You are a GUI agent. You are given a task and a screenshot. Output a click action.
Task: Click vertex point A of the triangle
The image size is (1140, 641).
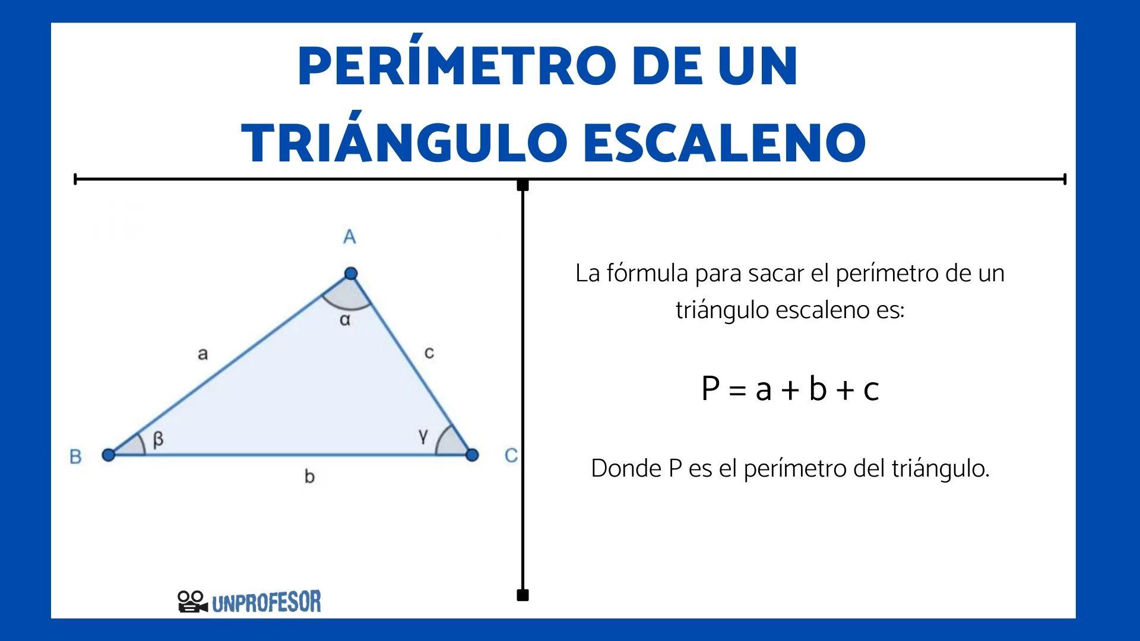click(351, 274)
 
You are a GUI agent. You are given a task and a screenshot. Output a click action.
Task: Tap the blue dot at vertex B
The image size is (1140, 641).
click(108, 455)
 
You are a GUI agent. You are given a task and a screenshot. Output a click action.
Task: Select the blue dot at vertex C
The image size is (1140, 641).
click(472, 455)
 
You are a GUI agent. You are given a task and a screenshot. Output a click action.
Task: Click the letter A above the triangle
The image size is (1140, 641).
click(350, 237)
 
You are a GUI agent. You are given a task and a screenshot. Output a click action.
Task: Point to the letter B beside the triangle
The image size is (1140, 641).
click(75, 456)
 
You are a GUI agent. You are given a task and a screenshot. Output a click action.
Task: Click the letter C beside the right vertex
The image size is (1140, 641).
click(511, 456)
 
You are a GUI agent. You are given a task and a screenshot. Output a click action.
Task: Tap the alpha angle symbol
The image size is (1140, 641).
click(345, 320)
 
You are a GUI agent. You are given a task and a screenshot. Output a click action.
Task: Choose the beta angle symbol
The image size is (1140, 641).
click(158, 440)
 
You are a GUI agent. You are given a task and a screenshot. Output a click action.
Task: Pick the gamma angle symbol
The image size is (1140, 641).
click(423, 437)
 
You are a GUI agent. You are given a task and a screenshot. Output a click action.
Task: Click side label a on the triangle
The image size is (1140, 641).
click(202, 354)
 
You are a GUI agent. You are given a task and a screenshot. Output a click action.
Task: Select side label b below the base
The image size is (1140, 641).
click(309, 476)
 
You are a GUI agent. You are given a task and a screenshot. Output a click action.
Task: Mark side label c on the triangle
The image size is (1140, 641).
click(429, 353)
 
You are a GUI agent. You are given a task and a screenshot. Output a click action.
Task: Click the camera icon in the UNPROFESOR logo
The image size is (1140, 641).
click(192, 602)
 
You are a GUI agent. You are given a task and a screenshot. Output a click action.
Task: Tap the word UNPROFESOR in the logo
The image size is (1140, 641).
click(267, 602)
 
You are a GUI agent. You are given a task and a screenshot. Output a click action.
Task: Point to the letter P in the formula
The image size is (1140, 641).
click(711, 389)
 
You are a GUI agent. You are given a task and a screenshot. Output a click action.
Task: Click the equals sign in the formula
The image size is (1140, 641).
click(737, 391)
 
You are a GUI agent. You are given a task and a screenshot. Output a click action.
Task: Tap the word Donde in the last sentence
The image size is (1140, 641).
click(626, 469)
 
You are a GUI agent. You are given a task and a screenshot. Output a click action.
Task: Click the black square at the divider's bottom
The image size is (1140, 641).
click(522, 595)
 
